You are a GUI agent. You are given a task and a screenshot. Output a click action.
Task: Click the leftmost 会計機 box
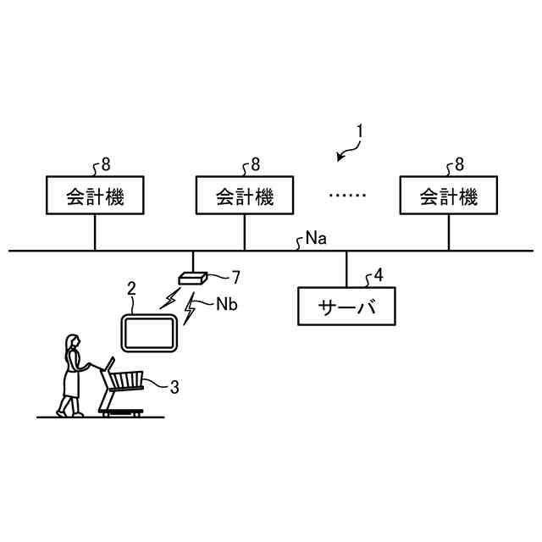[94, 197]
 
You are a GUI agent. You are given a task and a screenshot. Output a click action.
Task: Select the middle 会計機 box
[245, 197]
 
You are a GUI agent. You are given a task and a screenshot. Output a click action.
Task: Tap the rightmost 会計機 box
[449, 197]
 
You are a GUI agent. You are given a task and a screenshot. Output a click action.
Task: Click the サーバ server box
[346, 306]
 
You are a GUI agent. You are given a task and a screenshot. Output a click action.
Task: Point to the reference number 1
[360, 131]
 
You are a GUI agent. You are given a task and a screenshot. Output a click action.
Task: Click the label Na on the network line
[316, 239]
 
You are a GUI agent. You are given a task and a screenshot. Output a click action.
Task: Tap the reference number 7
[236, 275]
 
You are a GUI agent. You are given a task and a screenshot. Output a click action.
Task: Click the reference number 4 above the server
[379, 274]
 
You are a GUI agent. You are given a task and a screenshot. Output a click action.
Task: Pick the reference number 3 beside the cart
[174, 387]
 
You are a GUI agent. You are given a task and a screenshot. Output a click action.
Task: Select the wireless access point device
[193, 277]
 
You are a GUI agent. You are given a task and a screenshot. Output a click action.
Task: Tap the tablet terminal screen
[149, 333]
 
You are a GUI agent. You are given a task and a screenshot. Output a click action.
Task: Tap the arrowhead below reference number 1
[340, 157]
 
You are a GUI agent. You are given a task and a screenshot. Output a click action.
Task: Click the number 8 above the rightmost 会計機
[460, 163]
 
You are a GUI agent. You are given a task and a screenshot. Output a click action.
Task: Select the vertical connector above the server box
[346, 269]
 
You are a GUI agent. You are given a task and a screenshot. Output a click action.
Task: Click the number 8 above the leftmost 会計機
[105, 163]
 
